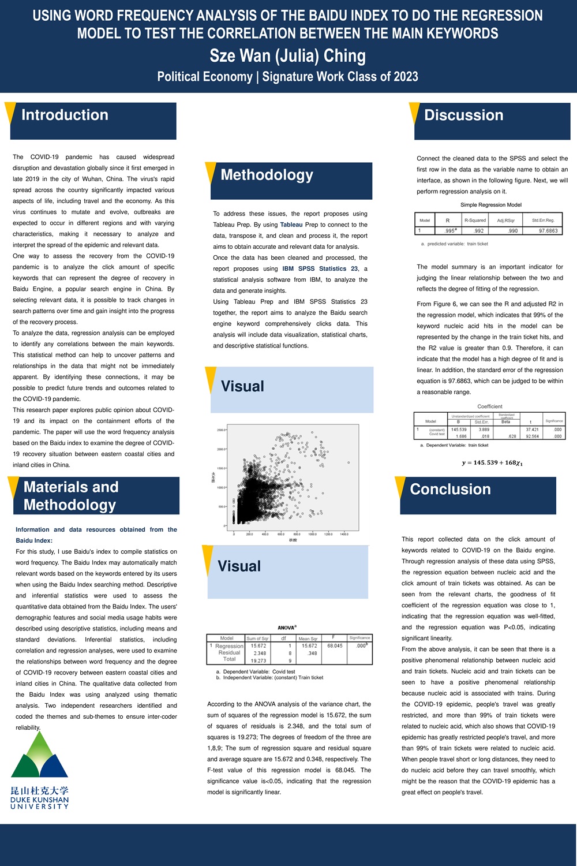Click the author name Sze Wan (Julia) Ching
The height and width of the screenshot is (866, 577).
287,56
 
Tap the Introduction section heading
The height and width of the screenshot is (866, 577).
65,115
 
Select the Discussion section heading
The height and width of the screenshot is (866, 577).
463,115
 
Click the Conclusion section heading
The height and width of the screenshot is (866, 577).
450,489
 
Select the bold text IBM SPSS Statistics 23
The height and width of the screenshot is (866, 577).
320,268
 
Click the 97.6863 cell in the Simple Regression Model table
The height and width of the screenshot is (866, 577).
548,230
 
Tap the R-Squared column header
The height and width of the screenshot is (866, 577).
475,220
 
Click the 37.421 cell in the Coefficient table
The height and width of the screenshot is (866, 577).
532,430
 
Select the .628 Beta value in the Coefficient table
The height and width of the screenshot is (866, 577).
511,436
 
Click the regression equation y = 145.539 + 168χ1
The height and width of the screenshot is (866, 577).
492,462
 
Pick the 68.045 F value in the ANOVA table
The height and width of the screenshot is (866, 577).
335,646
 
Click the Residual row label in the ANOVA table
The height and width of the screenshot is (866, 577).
229,652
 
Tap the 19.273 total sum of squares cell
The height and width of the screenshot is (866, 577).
258,660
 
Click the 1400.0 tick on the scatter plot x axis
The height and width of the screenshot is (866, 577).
344,534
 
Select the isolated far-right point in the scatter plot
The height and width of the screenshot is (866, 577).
349,462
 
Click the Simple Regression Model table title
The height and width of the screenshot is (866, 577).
490,204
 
